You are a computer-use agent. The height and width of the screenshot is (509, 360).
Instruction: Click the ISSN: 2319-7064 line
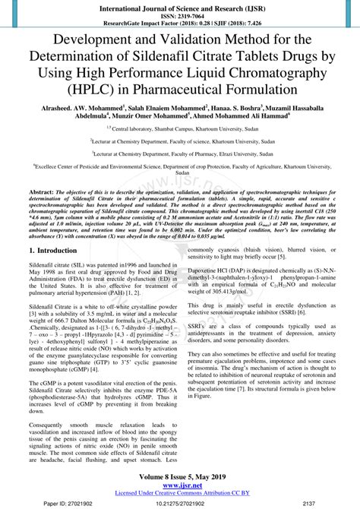click(x=180, y=13)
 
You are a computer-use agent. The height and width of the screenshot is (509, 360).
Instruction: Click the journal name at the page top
click(x=180, y=5)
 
